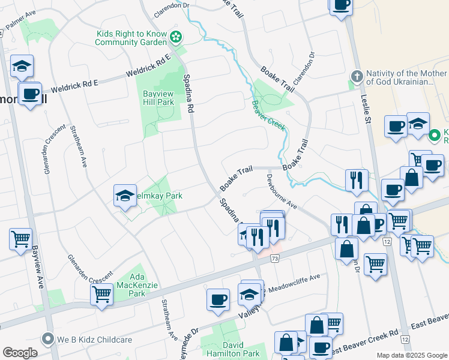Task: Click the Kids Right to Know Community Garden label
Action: coord(131,38)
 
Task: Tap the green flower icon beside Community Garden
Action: coord(176,38)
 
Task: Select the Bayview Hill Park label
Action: coord(158,98)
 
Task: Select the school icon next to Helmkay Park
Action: coord(125,196)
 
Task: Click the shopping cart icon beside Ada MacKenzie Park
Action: coord(101,295)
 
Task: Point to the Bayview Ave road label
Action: coord(37,266)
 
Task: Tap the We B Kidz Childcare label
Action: coord(94,340)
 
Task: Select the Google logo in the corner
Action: coord(20,353)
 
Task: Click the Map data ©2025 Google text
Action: coord(411,355)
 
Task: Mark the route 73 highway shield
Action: coord(275,258)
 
